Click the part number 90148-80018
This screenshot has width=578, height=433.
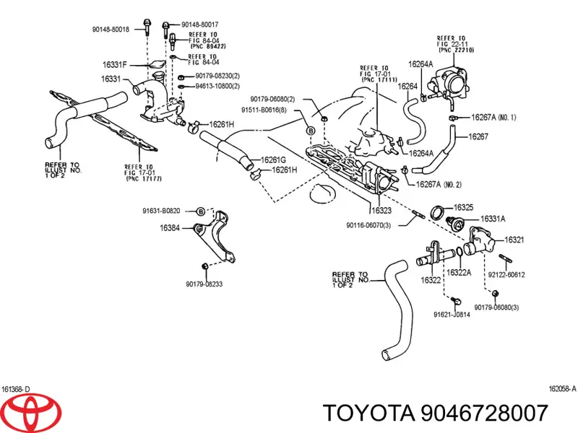(x=111, y=30)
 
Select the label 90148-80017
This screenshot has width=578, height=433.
(x=200, y=25)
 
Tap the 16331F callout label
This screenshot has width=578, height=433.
(x=113, y=65)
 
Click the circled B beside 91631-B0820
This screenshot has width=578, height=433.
(x=202, y=211)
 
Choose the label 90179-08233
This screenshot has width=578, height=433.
(x=203, y=284)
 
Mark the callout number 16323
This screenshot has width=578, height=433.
(x=381, y=211)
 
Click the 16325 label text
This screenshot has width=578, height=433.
(x=464, y=207)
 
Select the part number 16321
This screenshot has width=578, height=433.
(x=514, y=239)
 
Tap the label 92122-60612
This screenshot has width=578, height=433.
(x=506, y=274)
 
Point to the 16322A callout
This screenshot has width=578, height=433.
(x=459, y=272)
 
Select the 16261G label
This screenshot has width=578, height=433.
(x=273, y=159)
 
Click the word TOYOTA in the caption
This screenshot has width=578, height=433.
(x=368, y=413)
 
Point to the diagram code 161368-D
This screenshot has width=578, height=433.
(x=16, y=388)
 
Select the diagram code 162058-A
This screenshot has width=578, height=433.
(x=561, y=388)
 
